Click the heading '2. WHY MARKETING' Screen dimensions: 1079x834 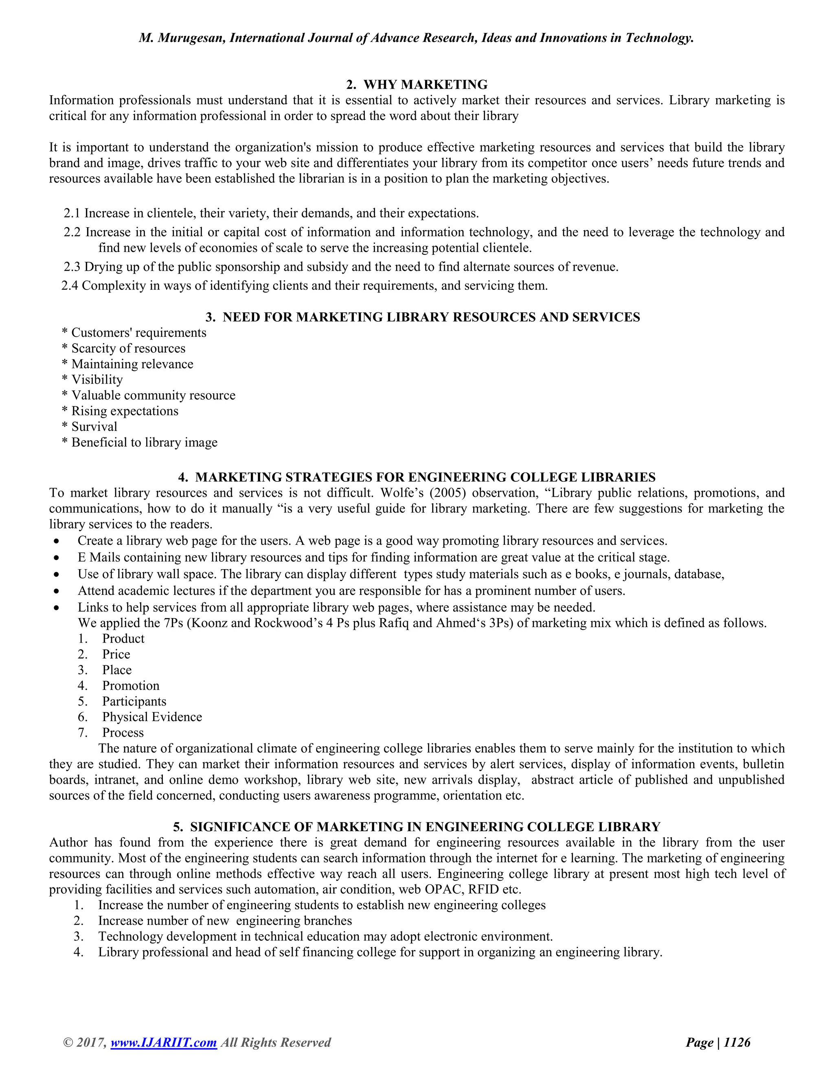click(417, 84)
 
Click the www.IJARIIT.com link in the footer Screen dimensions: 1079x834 click(164, 1042)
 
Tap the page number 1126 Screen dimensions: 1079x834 click(737, 1042)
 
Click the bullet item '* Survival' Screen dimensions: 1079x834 click(90, 426)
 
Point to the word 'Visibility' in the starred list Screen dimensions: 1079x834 click(97, 379)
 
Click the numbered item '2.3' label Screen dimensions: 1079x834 click(72, 267)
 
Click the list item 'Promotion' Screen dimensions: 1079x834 click(130, 685)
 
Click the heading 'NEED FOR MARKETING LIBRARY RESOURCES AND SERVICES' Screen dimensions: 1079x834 click(431, 317)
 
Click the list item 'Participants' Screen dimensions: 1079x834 click(134, 701)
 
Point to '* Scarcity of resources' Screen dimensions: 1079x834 click(123, 348)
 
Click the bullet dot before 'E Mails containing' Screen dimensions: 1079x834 click(57, 558)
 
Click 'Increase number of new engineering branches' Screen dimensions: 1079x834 click(225, 921)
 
